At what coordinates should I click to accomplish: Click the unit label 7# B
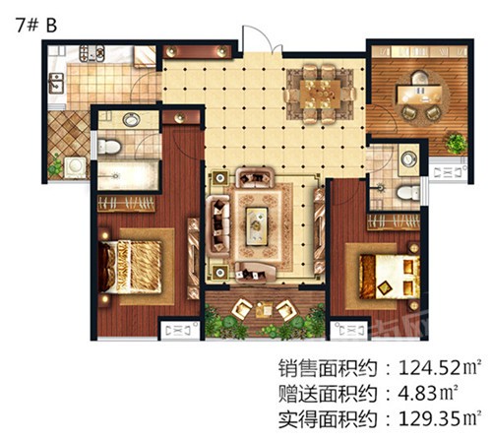pos(36,26)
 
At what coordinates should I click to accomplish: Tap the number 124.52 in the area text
pos(430,368)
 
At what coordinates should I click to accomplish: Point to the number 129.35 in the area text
pos(430,418)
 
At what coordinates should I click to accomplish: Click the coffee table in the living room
pos(257,226)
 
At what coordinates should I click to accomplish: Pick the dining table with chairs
pos(320,94)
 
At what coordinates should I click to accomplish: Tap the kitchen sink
pos(56,83)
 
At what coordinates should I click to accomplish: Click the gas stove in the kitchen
pos(92,53)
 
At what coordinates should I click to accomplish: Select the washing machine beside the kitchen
pos(75,167)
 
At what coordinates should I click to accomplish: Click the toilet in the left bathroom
pos(109,147)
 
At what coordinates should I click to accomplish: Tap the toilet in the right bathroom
pos(407,193)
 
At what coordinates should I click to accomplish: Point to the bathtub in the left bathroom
pos(128,175)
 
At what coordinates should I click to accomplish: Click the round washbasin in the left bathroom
pos(131,119)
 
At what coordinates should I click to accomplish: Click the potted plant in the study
pos(457,144)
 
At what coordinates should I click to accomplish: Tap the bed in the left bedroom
pos(130,267)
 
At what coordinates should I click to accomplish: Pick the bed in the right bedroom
pos(390,277)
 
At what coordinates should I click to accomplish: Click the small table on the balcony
pos(264,309)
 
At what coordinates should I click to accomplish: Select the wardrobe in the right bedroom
pos(394,221)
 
